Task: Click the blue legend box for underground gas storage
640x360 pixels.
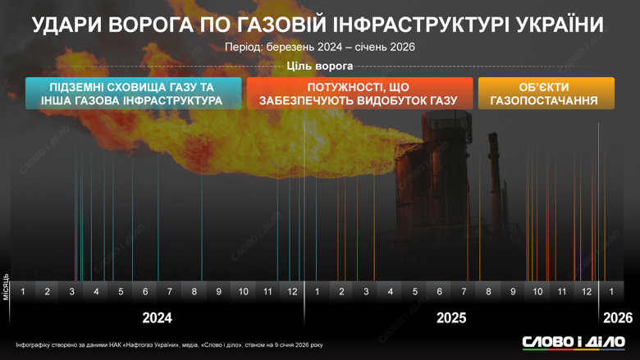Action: [x=134, y=93]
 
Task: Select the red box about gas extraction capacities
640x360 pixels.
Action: [x=359, y=93]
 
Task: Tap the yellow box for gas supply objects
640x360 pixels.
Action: [x=546, y=93]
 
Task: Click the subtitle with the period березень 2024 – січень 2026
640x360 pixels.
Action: [x=320, y=47]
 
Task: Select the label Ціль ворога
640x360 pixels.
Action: [x=320, y=66]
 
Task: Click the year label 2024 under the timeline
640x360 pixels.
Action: [x=158, y=317]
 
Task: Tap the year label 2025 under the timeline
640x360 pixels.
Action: [x=451, y=317]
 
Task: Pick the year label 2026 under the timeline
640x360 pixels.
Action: [x=617, y=317]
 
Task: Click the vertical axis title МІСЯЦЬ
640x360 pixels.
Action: [x=7, y=286]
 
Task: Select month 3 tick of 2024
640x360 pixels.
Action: [x=72, y=292]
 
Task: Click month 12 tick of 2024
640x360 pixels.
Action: [x=293, y=292]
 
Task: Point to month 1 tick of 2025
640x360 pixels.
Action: [x=318, y=292]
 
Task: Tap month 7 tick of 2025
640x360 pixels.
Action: [x=464, y=292]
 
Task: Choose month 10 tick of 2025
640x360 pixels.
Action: [x=537, y=292]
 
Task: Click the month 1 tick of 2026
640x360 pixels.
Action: [x=611, y=292]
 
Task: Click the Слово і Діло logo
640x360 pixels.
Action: [x=574, y=342]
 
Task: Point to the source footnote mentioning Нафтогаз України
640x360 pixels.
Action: [x=169, y=344]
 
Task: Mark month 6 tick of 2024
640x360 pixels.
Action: [x=145, y=292]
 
